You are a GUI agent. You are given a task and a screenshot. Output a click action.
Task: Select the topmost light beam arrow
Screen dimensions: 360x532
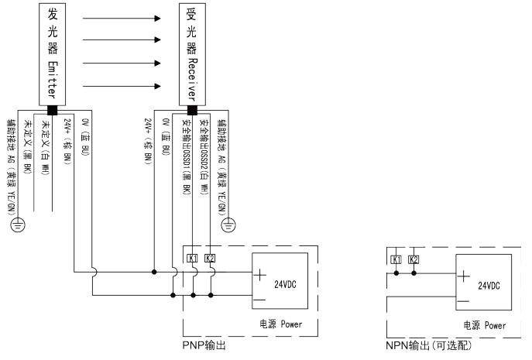click(121, 15)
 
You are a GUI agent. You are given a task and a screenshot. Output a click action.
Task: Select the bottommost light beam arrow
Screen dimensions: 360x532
click(121, 85)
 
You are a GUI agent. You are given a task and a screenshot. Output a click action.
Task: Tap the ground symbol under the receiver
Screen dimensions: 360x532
click(228, 225)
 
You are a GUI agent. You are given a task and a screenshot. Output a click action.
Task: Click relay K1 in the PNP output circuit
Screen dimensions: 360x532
click(192, 258)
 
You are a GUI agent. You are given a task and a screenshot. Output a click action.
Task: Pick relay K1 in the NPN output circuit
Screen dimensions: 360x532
click(396, 259)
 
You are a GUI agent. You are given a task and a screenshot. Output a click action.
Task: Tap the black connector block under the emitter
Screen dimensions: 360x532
click(53, 109)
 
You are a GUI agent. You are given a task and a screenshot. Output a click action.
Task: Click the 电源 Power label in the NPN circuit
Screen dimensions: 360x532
click(485, 326)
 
